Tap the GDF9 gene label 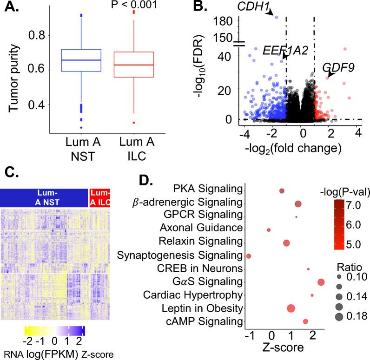point(338,68)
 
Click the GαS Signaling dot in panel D point(321,282)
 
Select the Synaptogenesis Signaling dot point(249,256)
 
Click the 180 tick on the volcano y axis point(225,20)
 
